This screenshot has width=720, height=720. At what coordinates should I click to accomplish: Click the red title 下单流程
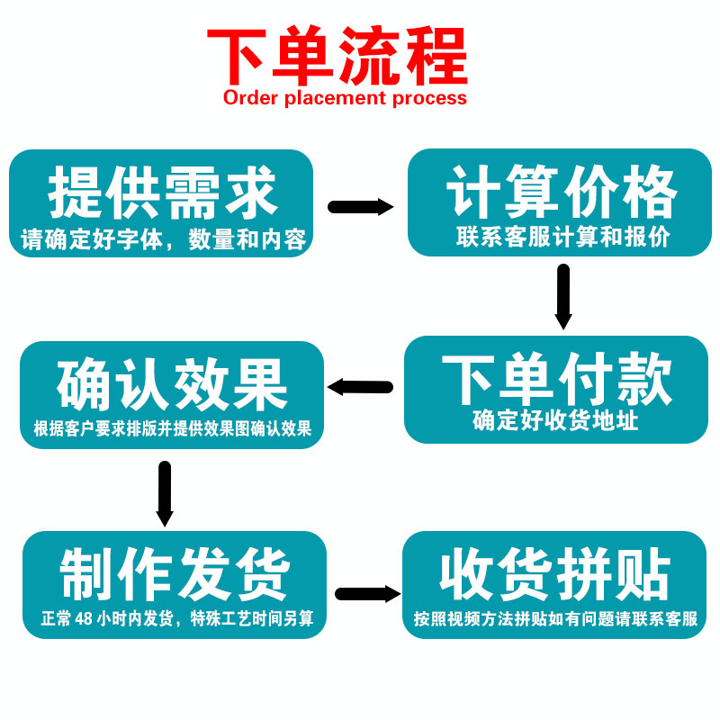pyautogui.click(x=337, y=56)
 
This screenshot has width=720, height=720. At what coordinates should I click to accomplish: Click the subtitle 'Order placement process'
pyautogui.click(x=345, y=97)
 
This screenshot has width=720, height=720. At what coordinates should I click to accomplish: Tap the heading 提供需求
pyautogui.click(x=162, y=191)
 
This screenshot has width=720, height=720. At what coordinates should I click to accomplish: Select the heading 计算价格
pyautogui.click(x=562, y=191)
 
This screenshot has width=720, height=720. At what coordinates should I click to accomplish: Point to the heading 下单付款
pyautogui.click(x=557, y=379)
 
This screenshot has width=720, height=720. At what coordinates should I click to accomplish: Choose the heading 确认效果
pyautogui.click(x=172, y=385)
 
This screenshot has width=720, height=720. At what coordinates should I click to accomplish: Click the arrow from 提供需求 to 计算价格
pyautogui.click(x=360, y=207)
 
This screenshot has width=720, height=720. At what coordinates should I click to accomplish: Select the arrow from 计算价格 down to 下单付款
pyautogui.click(x=563, y=296)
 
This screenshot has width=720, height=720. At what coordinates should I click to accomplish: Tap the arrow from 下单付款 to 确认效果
pyautogui.click(x=360, y=387)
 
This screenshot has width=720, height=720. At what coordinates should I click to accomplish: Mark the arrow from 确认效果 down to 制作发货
pyautogui.click(x=164, y=493)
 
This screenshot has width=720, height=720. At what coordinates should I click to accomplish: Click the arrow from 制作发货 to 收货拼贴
pyautogui.click(x=367, y=594)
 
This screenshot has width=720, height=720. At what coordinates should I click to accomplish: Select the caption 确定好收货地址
pyautogui.click(x=556, y=420)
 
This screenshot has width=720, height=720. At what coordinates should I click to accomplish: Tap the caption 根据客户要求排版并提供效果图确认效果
pyautogui.click(x=172, y=428)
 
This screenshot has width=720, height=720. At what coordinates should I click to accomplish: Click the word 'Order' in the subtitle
pyautogui.click(x=251, y=97)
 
